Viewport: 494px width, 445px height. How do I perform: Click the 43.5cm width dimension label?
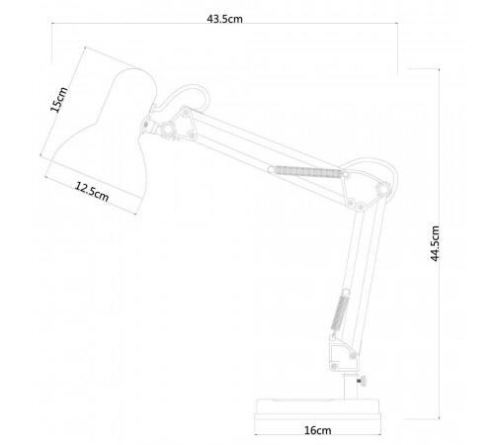(x=224, y=19)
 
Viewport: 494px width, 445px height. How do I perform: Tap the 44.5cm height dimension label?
(x=435, y=243)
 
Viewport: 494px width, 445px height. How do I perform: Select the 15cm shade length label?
(x=59, y=99)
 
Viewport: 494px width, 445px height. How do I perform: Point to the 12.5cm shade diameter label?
(x=92, y=192)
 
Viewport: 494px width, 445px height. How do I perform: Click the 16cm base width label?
(x=317, y=430)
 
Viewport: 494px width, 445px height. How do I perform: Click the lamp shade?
(x=109, y=132)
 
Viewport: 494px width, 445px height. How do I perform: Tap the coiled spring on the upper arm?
(x=308, y=172)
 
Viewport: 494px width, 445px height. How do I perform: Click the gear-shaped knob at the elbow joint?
(x=383, y=189)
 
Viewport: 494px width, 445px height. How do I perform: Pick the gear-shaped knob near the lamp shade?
(x=168, y=130)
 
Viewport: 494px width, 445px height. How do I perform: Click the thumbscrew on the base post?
(x=363, y=381)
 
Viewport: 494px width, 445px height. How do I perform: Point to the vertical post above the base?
(x=351, y=387)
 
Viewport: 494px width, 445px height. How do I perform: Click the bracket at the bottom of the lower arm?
(x=343, y=353)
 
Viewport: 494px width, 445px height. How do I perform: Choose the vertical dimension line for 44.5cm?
(x=439, y=244)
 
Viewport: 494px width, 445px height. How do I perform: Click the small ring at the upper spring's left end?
(x=271, y=170)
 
